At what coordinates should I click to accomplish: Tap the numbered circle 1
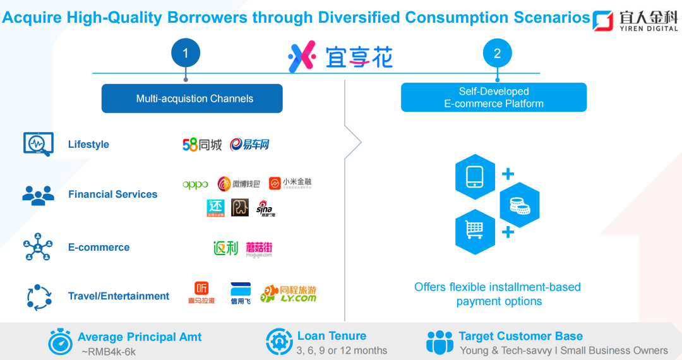tap(186, 54)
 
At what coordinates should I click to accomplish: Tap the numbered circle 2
tap(497, 54)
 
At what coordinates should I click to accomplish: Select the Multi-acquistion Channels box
tap(192, 99)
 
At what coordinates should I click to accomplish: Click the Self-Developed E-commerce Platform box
tap(494, 97)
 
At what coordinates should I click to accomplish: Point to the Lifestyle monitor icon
tap(38, 144)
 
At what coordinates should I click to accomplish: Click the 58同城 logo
tap(202, 145)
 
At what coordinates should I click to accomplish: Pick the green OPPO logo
tap(195, 184)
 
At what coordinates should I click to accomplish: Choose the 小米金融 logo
tap(290, 184)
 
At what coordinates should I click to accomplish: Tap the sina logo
tap(266, 208)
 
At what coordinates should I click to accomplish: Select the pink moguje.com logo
tap(259, 249)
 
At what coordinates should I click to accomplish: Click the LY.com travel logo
tap(289, 294)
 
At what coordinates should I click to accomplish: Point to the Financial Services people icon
tap(38, 195)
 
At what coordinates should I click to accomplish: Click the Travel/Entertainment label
tap(119, 296)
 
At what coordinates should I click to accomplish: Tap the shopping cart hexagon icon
tap(475, 232)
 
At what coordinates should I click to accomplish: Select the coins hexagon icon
tap(519, 204)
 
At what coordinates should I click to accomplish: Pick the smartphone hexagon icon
tap(475, 177)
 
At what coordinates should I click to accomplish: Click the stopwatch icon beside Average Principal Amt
tap(61, 342)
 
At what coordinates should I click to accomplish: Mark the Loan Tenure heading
tap(332, 336)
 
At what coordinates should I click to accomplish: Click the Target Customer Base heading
tap(520, 336)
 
